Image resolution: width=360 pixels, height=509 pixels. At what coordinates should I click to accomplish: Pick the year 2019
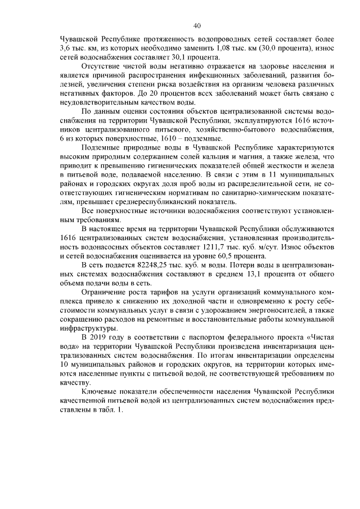coord(102,338)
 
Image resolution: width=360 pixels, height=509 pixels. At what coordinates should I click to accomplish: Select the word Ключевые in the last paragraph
coord(100,393)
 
